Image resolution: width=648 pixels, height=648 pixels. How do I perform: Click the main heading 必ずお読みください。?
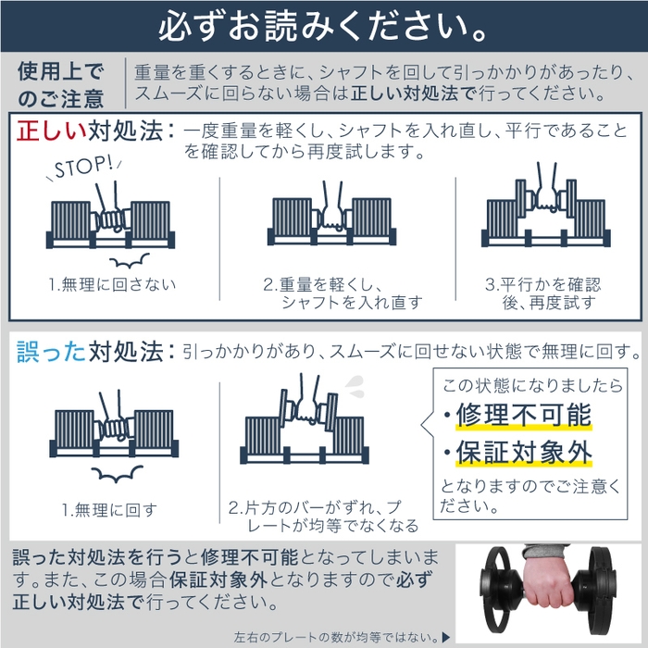323,26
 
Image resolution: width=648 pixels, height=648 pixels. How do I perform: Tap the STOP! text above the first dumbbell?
82,169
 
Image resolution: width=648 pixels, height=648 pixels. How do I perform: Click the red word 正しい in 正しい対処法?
51,131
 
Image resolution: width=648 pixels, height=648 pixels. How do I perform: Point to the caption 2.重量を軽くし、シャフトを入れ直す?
342,293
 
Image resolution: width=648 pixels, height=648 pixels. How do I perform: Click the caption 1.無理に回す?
109,509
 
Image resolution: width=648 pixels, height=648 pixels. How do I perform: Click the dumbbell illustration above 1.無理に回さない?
111,222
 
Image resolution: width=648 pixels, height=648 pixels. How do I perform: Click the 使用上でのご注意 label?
61,83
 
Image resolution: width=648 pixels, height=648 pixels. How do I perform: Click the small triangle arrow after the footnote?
446,637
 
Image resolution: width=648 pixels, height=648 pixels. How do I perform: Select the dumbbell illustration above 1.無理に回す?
111,430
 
